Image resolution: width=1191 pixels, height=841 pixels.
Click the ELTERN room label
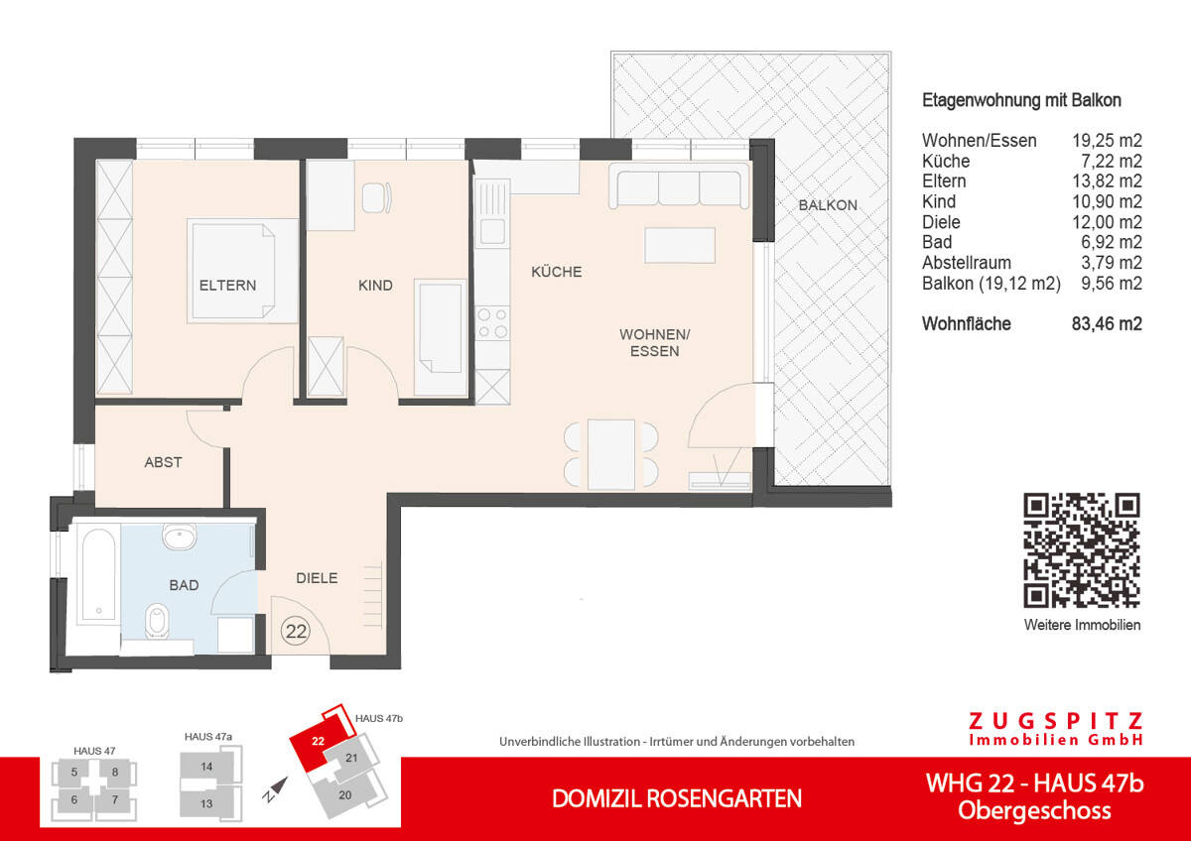[227, 286]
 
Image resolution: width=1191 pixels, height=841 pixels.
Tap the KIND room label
[375, 286]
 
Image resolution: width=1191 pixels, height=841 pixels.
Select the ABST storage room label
[163, 462]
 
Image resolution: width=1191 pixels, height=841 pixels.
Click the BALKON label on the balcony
[827, 205]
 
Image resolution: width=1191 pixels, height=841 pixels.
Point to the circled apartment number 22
[295, 630]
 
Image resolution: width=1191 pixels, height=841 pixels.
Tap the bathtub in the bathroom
[97, 574]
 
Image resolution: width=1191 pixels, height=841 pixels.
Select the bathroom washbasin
[182, 537]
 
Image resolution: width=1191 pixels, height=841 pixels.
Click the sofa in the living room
[680, 188]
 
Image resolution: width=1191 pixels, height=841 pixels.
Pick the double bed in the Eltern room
[243, 271]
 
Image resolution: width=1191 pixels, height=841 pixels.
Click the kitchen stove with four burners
[492, 325]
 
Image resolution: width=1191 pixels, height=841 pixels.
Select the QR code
[1081, 549]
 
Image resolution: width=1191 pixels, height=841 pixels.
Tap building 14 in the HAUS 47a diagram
[206, 767]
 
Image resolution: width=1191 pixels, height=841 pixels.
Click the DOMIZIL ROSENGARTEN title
[677, 798]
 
